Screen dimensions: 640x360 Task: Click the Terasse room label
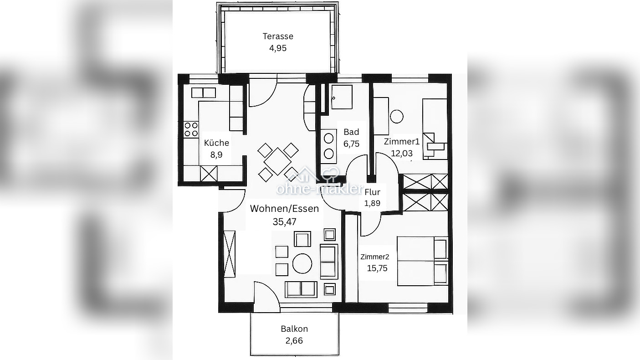click(278, 36)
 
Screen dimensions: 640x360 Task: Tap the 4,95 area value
click(278, 48)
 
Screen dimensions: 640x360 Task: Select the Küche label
click(216, 143)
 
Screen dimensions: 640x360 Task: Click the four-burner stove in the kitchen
click(191, 129)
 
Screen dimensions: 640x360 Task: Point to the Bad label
click(351, 132)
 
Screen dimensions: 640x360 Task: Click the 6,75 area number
click(351, 144)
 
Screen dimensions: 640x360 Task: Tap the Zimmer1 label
click(401, 141)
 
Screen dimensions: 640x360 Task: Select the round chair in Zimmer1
click(397, 117)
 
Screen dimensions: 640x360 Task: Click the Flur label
click(372, 192)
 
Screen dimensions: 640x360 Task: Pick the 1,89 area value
click(372, 203)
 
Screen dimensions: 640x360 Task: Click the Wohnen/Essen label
click(284, 209)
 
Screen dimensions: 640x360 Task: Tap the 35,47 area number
click(284, 222)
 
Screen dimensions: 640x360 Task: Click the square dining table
click(277, 161)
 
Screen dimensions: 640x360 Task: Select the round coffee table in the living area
click(302, 263)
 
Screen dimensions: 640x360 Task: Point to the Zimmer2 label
click(374, 257)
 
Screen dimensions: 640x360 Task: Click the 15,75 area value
click(377, 268)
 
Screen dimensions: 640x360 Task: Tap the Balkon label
click(294, 329)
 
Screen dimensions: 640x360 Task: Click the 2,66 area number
click(294, 340)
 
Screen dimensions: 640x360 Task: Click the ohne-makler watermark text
click(320, 189)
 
